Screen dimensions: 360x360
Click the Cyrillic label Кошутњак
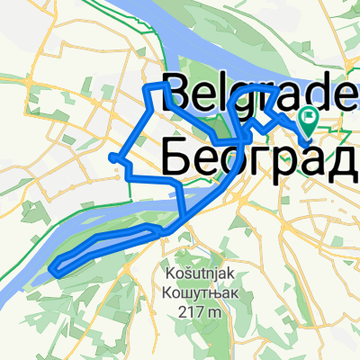tap(188, 291)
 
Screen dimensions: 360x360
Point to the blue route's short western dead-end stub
tap(112, 157)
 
